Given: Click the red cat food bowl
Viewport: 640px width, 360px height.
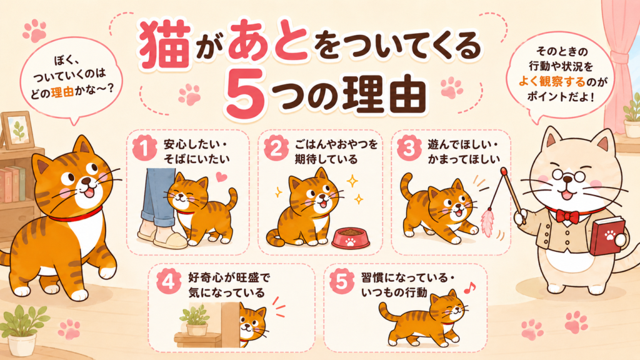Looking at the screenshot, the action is [350, 238].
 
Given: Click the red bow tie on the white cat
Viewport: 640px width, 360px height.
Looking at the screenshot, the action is [567, 216].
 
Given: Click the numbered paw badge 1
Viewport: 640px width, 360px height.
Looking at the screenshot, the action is [145, 147].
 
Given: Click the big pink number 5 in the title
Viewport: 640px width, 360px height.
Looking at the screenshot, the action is [244, 93].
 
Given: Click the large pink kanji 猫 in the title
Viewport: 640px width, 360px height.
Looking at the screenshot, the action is [165, 44].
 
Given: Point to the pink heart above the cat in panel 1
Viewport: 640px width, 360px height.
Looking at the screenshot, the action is [221, 177].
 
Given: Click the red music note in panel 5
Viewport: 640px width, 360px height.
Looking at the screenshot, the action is [469, 287].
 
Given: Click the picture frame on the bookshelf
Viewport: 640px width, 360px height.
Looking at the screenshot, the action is [16, 130].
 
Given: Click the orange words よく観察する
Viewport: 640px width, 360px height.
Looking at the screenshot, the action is [552, 82].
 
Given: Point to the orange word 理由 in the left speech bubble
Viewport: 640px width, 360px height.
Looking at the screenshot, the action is [62, 92].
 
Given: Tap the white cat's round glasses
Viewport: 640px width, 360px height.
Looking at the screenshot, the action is [568, 176].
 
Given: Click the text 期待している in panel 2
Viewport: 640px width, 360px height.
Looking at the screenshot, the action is [326, 159].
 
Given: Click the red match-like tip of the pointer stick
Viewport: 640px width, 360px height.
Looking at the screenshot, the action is [505, 171].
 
